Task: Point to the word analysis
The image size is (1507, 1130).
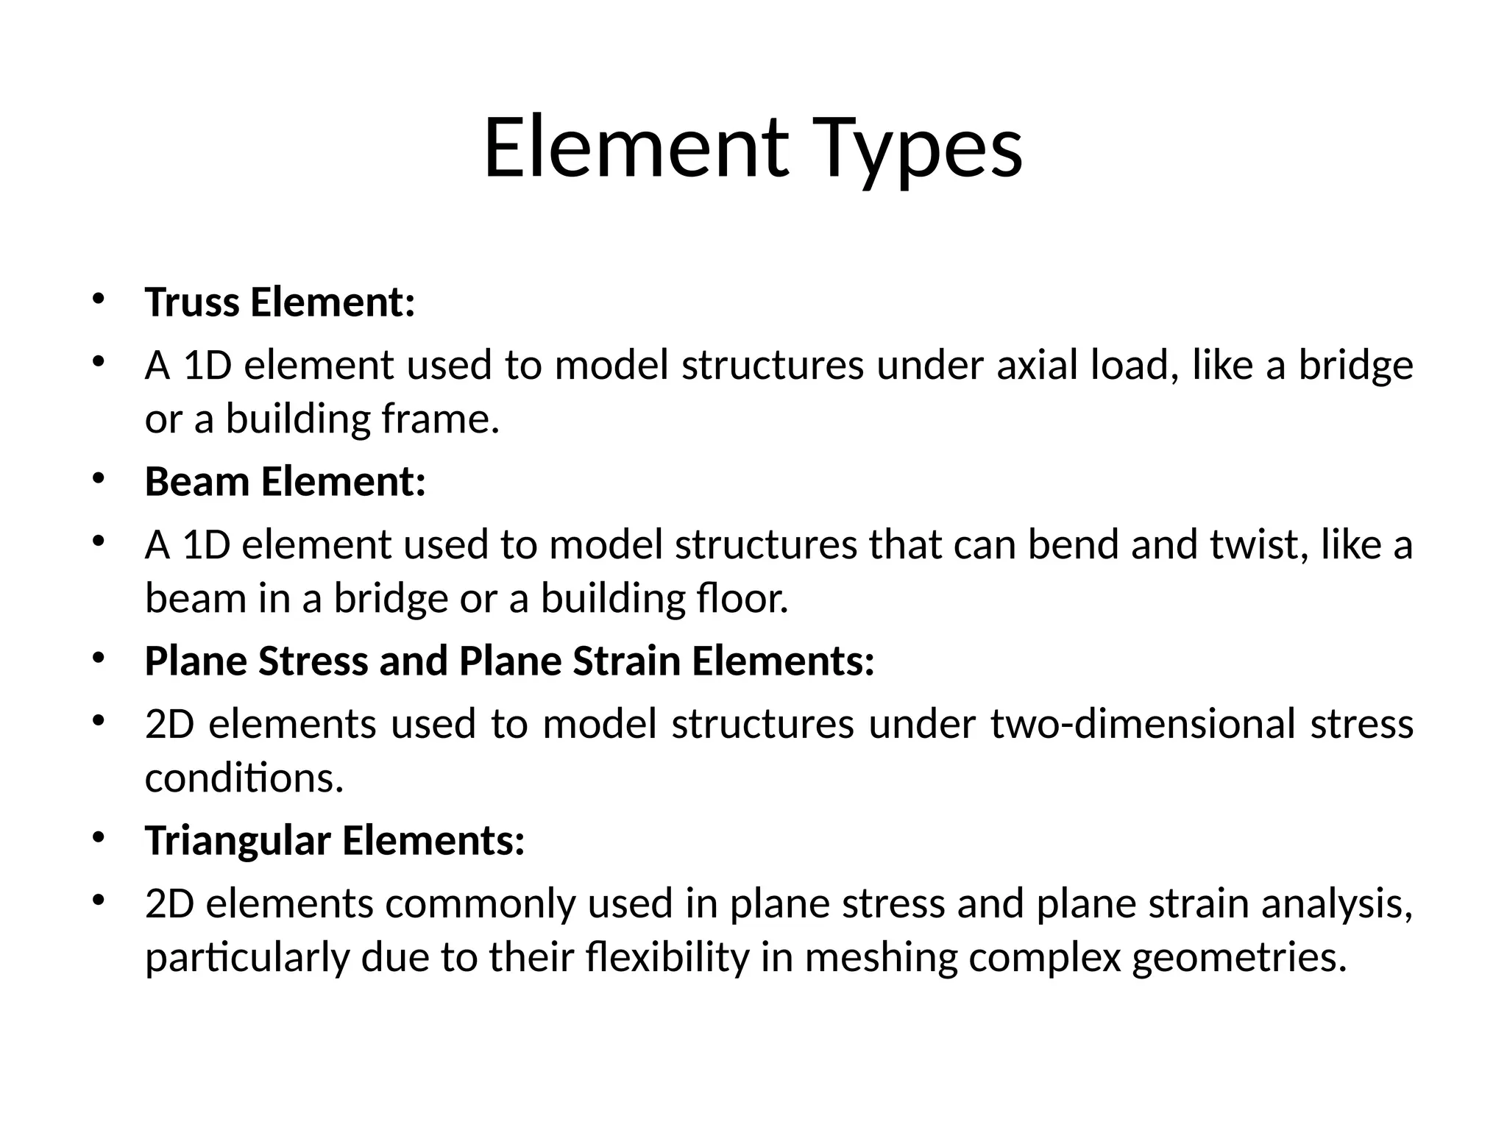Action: click(1337, 904)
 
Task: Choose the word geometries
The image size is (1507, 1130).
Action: click(1239, 958)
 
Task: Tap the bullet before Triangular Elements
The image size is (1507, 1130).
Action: click(99, 837)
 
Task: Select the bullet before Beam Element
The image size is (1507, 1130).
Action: click(99, 478)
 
